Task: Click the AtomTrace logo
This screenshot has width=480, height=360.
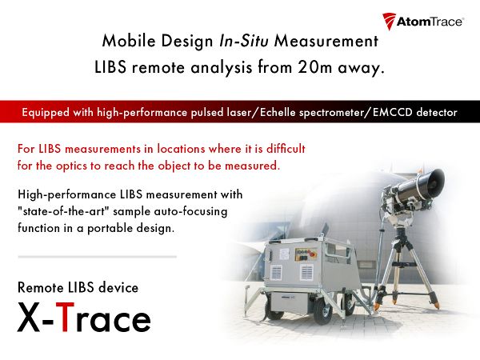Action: pyautogui.click(x=423, y=21)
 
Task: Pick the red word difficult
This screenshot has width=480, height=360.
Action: pyautogui.click(x=279, y=150)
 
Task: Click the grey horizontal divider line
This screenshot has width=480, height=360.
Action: pyautogui.click(x=97, y=257)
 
